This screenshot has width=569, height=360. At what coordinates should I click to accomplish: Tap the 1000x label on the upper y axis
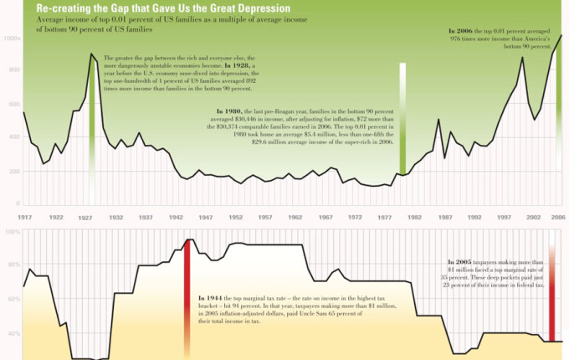(12, 39)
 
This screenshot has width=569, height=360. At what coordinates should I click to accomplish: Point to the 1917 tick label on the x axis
(23, 218)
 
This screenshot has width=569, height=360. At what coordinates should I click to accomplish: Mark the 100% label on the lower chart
(12, 232)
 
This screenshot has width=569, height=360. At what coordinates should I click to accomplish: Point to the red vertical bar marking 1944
(188, 293)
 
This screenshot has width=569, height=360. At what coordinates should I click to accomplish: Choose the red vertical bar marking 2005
(553, 293)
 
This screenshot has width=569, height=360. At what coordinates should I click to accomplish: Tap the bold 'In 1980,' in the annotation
(229, 111)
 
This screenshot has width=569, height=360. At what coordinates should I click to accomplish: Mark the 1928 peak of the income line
(91, 54)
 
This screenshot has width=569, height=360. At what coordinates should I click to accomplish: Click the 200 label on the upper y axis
(13, 171)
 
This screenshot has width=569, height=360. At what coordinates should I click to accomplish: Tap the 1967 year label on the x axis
(326, 218)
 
